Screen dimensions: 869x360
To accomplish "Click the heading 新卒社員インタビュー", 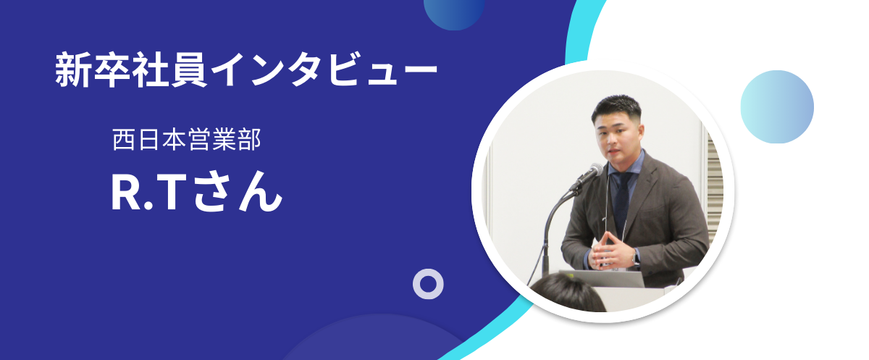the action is coord(246,70).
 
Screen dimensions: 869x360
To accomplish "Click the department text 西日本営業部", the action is coord(187,139).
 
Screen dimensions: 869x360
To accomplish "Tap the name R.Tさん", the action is coord(197,192).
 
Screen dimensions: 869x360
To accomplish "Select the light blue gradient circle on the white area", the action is coord(777,106).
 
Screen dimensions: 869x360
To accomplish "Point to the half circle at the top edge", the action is coord(454,14).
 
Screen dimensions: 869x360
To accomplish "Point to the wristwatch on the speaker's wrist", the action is coord(636,259).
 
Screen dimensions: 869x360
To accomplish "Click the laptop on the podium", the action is coord(602,279).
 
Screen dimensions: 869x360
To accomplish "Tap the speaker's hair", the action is coord(616,106).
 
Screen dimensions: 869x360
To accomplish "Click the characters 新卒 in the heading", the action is coord(93,70).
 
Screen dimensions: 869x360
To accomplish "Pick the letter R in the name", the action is coord(126,193).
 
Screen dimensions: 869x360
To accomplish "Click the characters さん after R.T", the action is coord(238,192).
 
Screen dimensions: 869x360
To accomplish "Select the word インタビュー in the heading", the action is coord(324,70).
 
